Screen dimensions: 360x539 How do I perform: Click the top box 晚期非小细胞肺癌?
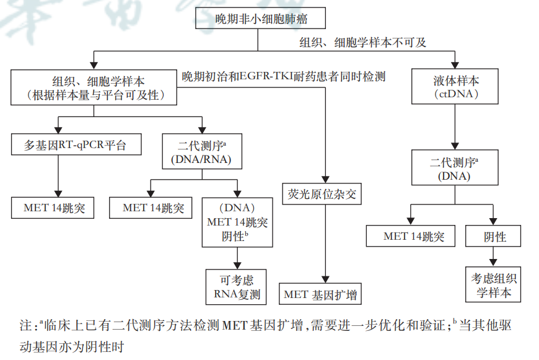click(x=257, y=18)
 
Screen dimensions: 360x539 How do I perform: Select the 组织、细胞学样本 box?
click(x=93, y=87)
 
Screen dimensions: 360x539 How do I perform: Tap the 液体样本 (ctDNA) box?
click(x=456, y=87)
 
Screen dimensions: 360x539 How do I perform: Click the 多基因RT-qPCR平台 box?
click(x=76, y=146)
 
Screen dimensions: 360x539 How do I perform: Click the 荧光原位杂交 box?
click(x=322, y=195)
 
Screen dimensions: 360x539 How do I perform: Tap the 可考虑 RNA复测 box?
click(x=235, y=286)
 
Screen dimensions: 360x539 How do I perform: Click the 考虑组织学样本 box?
click(x=494, y=285)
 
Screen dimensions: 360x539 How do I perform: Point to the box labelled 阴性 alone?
click(x=494, y=236)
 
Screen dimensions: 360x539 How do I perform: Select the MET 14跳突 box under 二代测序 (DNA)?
click(x=410, y=236)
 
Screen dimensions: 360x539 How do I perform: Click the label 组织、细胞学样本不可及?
click(x=363, y=43)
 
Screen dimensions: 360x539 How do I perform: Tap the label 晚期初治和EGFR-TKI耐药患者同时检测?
click(x=284, y=77)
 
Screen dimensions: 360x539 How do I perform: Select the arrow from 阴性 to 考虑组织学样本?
click(x=494, y=256)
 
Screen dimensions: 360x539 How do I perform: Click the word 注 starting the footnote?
click(x=25, y=325)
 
